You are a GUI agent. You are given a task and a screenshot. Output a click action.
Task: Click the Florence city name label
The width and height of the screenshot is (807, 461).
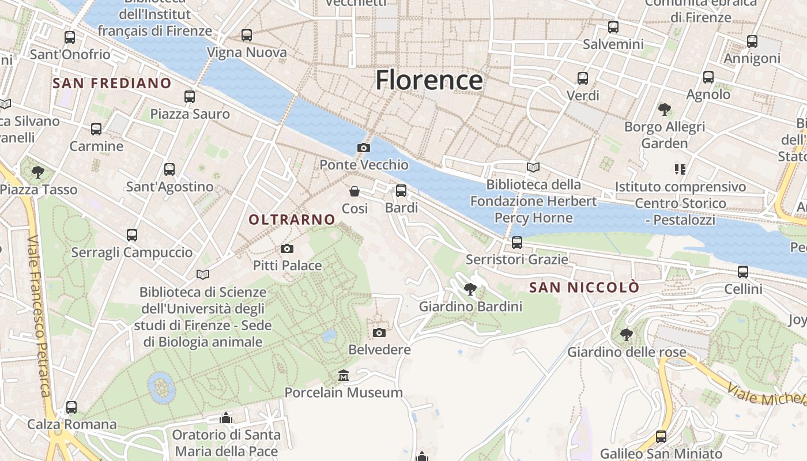429,80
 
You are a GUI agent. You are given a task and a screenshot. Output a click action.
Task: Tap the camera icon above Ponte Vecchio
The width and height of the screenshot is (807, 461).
363,148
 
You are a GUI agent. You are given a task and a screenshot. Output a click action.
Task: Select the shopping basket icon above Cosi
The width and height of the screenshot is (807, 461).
355,191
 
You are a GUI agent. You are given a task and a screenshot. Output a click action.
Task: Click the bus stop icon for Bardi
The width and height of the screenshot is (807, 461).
401,191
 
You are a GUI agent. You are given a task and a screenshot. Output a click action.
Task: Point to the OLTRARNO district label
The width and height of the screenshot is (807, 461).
292,220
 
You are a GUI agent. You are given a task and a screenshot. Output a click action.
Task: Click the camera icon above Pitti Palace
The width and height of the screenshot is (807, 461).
286,249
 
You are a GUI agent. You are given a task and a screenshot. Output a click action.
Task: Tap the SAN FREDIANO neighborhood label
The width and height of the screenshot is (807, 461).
112,83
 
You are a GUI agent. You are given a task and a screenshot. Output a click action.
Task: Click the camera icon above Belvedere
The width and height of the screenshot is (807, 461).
379,333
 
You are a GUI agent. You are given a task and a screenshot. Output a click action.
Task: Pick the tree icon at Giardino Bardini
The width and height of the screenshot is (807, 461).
470,289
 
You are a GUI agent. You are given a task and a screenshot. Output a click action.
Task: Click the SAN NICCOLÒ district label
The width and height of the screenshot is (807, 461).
584,288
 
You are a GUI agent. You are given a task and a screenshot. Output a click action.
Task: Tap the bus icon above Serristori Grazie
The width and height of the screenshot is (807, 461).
517,243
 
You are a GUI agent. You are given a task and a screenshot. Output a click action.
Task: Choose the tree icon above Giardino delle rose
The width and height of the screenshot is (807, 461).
626,335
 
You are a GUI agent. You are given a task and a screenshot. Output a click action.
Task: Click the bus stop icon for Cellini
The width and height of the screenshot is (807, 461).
743,272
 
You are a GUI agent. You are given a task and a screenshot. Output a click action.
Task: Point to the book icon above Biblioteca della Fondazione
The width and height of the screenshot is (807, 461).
533,168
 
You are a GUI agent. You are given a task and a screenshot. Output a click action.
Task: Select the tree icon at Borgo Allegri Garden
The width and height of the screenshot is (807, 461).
664,109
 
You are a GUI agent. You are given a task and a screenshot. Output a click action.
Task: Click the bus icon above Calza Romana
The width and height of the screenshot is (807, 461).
71,407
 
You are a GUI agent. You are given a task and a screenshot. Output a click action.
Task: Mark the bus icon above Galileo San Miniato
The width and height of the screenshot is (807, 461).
661,437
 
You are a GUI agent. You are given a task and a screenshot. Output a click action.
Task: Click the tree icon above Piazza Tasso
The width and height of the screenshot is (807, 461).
38,172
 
